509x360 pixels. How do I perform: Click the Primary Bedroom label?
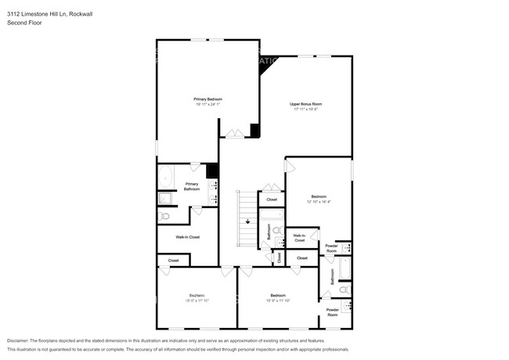[x=208, y=99]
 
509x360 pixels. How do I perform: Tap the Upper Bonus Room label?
[x=306, y=104]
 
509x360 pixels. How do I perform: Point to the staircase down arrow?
[x=248, y=222]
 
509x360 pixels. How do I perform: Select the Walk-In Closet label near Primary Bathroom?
[x=187, y=236]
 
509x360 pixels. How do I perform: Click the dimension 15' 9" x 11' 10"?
[x=278, y=301]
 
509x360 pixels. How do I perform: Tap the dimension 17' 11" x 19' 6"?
[x=306, y=110]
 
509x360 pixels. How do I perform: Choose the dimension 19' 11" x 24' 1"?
[x=208, y=105]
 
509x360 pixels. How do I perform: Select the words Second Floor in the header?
[x=25, y=23]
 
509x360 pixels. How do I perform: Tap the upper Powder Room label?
[x=332, y=248]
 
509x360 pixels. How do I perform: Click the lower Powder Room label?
[x=332, y=311]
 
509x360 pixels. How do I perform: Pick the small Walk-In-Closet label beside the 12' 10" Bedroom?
[x=299, y=237]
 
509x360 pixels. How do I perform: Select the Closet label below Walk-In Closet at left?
[x=173, y=260]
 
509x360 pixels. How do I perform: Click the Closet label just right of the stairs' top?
[x=272, y=200]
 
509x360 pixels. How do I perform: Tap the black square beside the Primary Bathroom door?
[x=211, y=171]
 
